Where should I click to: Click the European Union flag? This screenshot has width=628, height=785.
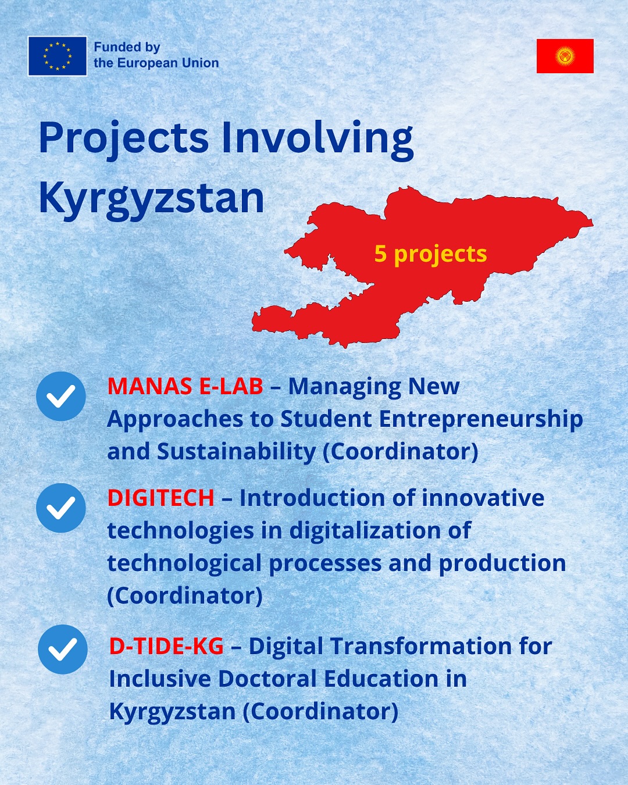point(58,56)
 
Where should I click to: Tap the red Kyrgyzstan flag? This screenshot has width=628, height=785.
point(565,56)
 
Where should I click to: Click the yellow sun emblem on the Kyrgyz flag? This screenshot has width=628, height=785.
point(565,56)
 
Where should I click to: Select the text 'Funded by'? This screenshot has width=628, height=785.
point(127,48)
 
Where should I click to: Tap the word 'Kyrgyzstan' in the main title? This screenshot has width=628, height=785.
point(151,199)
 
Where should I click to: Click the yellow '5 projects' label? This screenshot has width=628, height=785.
point(430,254)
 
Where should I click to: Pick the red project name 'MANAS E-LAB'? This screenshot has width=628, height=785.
point(185,386)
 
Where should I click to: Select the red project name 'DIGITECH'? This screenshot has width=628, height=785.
point(161,498)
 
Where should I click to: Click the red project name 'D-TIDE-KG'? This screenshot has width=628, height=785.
point(166,646)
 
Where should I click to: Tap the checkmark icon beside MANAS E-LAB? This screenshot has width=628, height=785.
point(61,396)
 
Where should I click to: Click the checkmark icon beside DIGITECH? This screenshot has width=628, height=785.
point(61,508)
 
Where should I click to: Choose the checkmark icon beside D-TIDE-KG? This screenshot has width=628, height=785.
point(63,650)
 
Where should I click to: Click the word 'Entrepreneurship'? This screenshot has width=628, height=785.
point(481,419)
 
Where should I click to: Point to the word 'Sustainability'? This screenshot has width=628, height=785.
point(237,452)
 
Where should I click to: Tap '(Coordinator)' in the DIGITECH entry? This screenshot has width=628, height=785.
point(185,595)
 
